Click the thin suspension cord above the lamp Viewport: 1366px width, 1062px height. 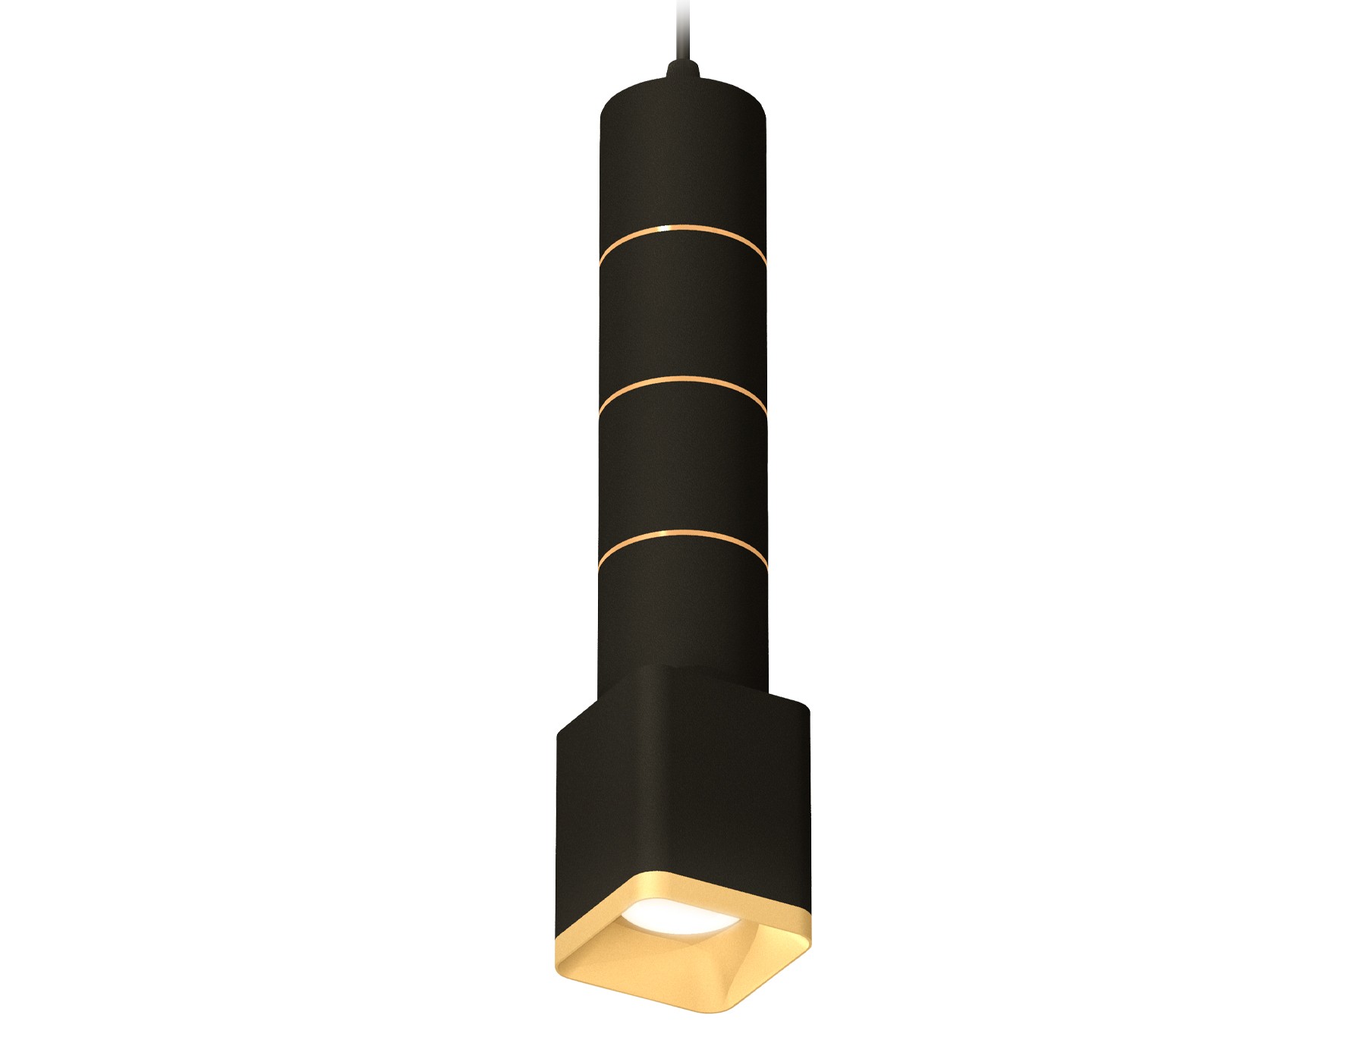coord(681,30)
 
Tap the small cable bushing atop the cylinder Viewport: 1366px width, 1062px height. coord(681,72)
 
